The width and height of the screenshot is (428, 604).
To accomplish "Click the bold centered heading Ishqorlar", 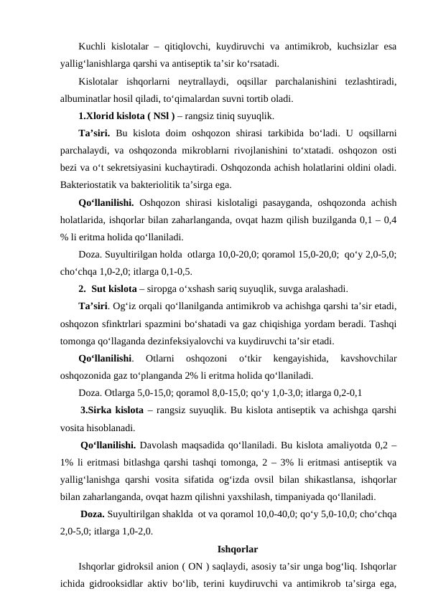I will coord(237,550).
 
